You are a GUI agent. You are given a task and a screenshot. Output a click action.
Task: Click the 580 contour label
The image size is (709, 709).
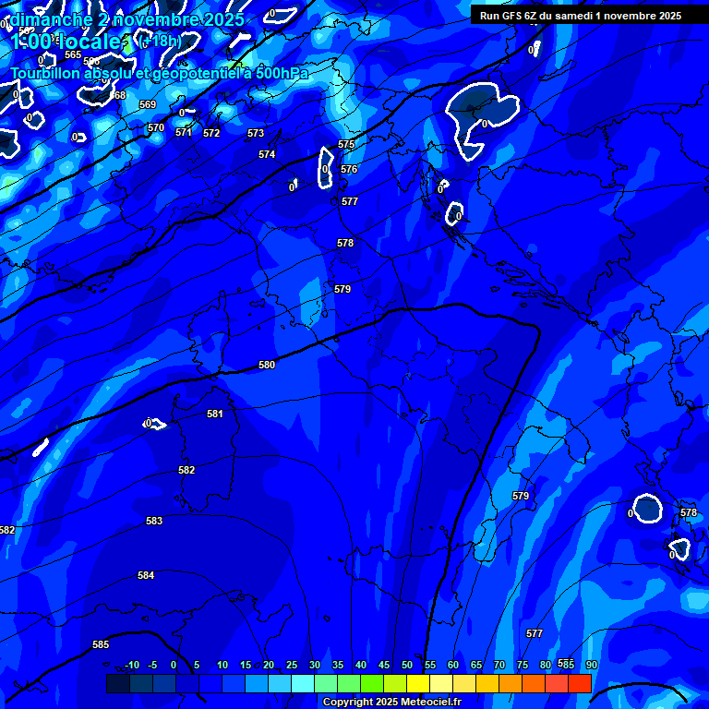pos(267,366)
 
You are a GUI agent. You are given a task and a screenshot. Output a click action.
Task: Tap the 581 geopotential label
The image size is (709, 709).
pos(215,415)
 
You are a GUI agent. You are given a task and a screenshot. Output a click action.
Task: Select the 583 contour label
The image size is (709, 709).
pos(154,522)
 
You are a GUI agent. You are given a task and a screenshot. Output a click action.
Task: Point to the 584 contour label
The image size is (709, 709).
pos(146,576)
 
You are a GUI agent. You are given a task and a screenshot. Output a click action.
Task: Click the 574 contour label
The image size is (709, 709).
pos(267,155)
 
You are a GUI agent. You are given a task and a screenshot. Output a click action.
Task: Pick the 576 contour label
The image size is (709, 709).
pos(349,170)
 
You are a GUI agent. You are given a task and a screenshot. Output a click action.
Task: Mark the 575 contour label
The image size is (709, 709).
pos(346,145)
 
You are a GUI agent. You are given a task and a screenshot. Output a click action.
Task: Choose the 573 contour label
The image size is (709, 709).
pos(256,134)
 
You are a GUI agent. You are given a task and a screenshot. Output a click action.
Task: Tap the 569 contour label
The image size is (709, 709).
pos(148,105)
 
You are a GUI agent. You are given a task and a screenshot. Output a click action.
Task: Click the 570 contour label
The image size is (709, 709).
pos(156,128)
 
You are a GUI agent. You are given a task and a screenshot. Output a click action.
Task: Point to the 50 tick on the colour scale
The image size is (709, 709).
pos(407,665)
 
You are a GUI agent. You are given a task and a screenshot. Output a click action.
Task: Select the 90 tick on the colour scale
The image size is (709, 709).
pos(592,665)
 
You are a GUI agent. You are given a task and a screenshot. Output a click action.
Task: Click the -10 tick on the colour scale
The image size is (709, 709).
pos(132,665)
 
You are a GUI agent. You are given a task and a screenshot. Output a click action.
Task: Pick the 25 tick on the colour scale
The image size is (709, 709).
pos(292,665)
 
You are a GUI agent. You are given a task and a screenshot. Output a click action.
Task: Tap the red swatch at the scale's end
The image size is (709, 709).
pos(580,683)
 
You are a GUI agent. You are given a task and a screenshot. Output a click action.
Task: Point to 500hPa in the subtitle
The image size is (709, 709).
pos(282,73)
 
